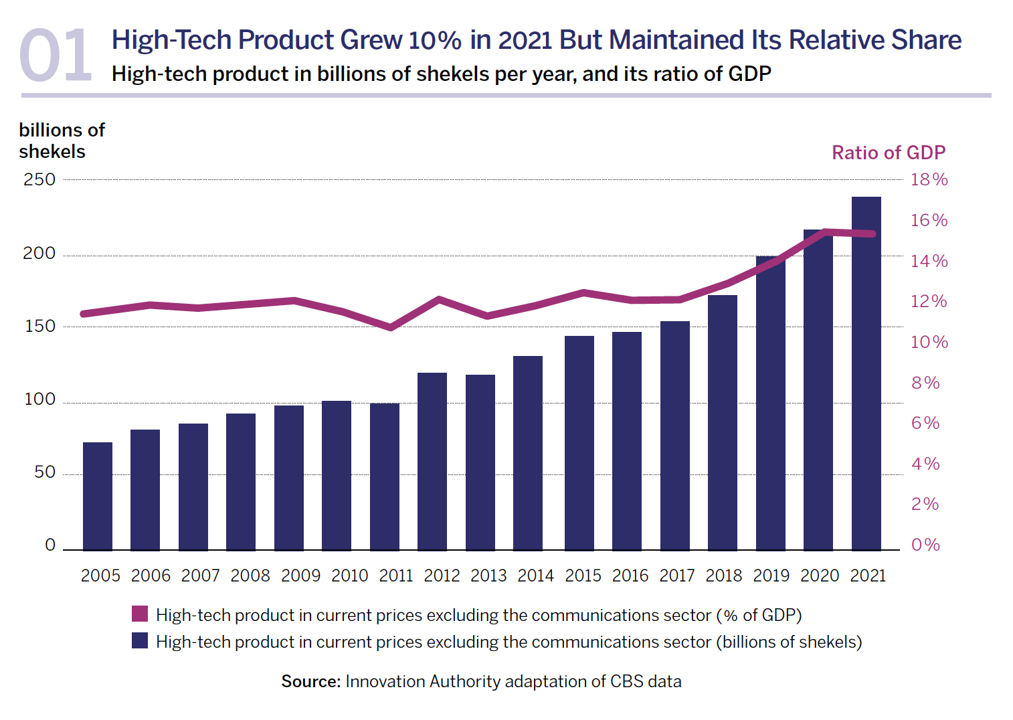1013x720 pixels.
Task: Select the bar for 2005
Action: [98, 496]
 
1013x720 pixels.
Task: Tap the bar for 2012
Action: [432, 461]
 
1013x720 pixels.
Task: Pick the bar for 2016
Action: [627, 441]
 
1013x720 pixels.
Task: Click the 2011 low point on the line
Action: [391, 327]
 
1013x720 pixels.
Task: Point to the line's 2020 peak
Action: [824, 232]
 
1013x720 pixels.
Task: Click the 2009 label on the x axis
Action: [300, 575]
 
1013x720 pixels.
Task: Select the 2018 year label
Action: [723, 575]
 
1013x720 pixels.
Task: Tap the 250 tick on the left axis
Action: [39, 179]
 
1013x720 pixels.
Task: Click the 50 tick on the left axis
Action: [45, 472]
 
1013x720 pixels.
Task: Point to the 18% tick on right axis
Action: [929, 179]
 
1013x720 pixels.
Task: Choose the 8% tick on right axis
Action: [925, 383]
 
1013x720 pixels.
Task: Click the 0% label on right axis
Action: [925, 545]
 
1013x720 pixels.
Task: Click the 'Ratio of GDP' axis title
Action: [888, 153]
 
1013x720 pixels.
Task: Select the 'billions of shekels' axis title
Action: [62, 141]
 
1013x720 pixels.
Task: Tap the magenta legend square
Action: [140, 614]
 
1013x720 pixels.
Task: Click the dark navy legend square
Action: [140, 640]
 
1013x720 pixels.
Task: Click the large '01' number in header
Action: [55, 56]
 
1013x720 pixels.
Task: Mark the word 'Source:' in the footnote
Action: [311, 681]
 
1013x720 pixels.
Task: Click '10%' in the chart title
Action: [435, 40]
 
